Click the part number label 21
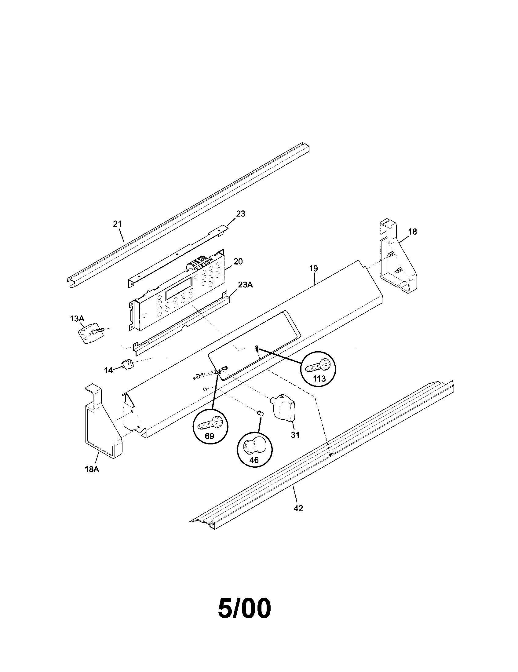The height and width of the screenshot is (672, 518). pos(117,224)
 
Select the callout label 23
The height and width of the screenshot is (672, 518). pos(241,214)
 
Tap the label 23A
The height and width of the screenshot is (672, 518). pos(245,285)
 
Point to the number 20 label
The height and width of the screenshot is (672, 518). pos(238,261)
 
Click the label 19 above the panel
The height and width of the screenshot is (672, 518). pos(313,268)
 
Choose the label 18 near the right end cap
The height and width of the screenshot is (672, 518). pos(413,232)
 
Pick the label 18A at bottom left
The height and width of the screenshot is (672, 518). pos(92,478)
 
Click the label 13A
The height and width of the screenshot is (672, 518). pos(77,319)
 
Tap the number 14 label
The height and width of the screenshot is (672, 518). pos(108,371)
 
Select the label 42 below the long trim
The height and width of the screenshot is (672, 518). pos(298,509)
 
